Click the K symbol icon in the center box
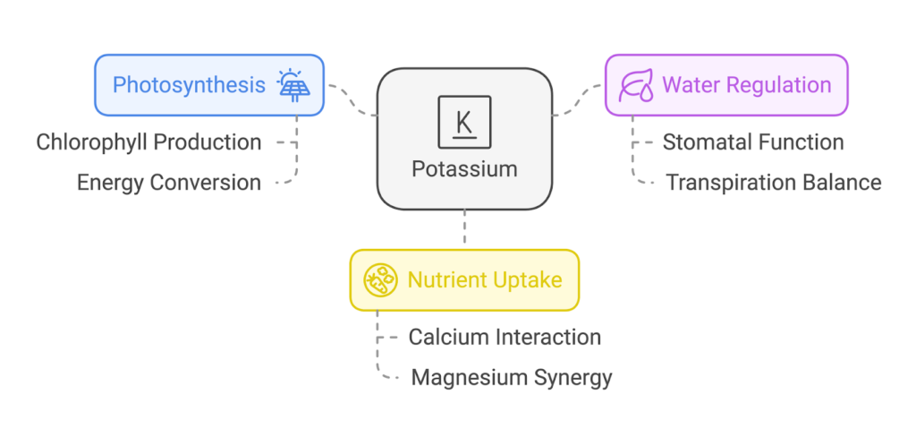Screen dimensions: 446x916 pyautogui.click(x=464, y=122)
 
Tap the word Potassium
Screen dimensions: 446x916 pyautogui.click(x=464, y=168)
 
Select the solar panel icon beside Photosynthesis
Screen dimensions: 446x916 pyautogui.click(x=293, y=85)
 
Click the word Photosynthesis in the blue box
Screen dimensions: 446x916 pyautogui.click(x=189, y=85)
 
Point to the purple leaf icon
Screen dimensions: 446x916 pyautogui.click(x=636, y=85)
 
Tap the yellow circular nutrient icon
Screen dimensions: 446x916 pyautogui.click(x=381, y=280)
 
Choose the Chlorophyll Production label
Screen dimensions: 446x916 pyautogui.click(x=148, y=142)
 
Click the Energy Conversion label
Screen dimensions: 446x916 pyautogui.click(x=169, y=183)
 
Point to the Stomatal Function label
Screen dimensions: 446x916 pyautogui.click(x=752, y=142)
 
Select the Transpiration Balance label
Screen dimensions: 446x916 pyautogui.click(x=774, y=183)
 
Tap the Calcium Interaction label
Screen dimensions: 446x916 pyautogui.click(x=505, y=338)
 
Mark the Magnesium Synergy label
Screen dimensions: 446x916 pyautogui.click(x=512, y=378)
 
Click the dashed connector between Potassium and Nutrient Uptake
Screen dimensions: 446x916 pyautogui.click(x=464, y=229)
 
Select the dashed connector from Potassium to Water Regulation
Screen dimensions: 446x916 pyautogui.click(x=578, y=101)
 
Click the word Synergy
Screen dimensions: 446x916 pyautogui.click(x=571, y=378)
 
